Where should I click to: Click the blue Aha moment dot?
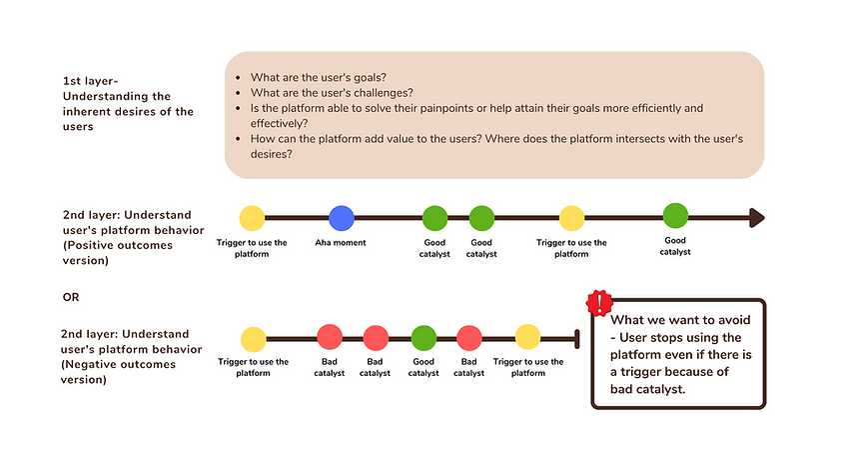coord(343,217)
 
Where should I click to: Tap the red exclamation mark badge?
coord(600,303)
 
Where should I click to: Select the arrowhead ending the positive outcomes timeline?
coord(756,218)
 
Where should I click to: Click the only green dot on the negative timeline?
coord(423,337)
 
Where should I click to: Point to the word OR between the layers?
coord(71,297)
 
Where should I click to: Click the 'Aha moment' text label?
coord(342,243)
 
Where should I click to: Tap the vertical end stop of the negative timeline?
coord(576,337)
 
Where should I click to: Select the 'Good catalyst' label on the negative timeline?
coord(423,367)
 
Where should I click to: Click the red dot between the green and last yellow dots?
coord(470,337)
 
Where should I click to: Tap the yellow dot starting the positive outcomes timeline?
coord(253,217)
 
